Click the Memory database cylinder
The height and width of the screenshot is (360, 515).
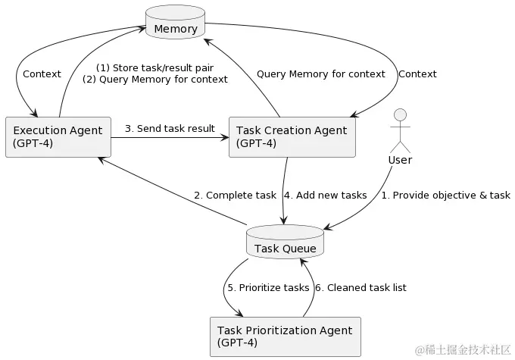(175, 24)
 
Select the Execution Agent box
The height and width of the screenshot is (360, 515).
(58, 137)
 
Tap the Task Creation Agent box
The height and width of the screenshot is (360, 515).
(292, 137)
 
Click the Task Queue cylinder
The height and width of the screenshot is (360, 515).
(285, 243)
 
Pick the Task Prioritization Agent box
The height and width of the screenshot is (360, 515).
(284, 336)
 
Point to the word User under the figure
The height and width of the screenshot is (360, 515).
(399, 160)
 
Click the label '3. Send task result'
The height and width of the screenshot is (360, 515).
(170, 128)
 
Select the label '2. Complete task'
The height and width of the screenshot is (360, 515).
(235, 195)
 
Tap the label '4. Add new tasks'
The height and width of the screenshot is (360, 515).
(325, 195)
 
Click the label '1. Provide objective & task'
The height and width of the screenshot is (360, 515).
(445, 195)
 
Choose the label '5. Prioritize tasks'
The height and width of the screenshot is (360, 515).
(268, 287)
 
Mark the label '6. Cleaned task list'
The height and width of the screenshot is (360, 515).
(360, 287)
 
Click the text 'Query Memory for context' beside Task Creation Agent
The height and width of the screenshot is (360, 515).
(320, 74)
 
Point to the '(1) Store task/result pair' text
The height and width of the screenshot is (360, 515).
(154, 67)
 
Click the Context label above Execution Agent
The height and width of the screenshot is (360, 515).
(42, 74)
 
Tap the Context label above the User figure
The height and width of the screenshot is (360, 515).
(417, 74)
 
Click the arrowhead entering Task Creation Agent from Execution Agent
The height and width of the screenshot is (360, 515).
(224, 137)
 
